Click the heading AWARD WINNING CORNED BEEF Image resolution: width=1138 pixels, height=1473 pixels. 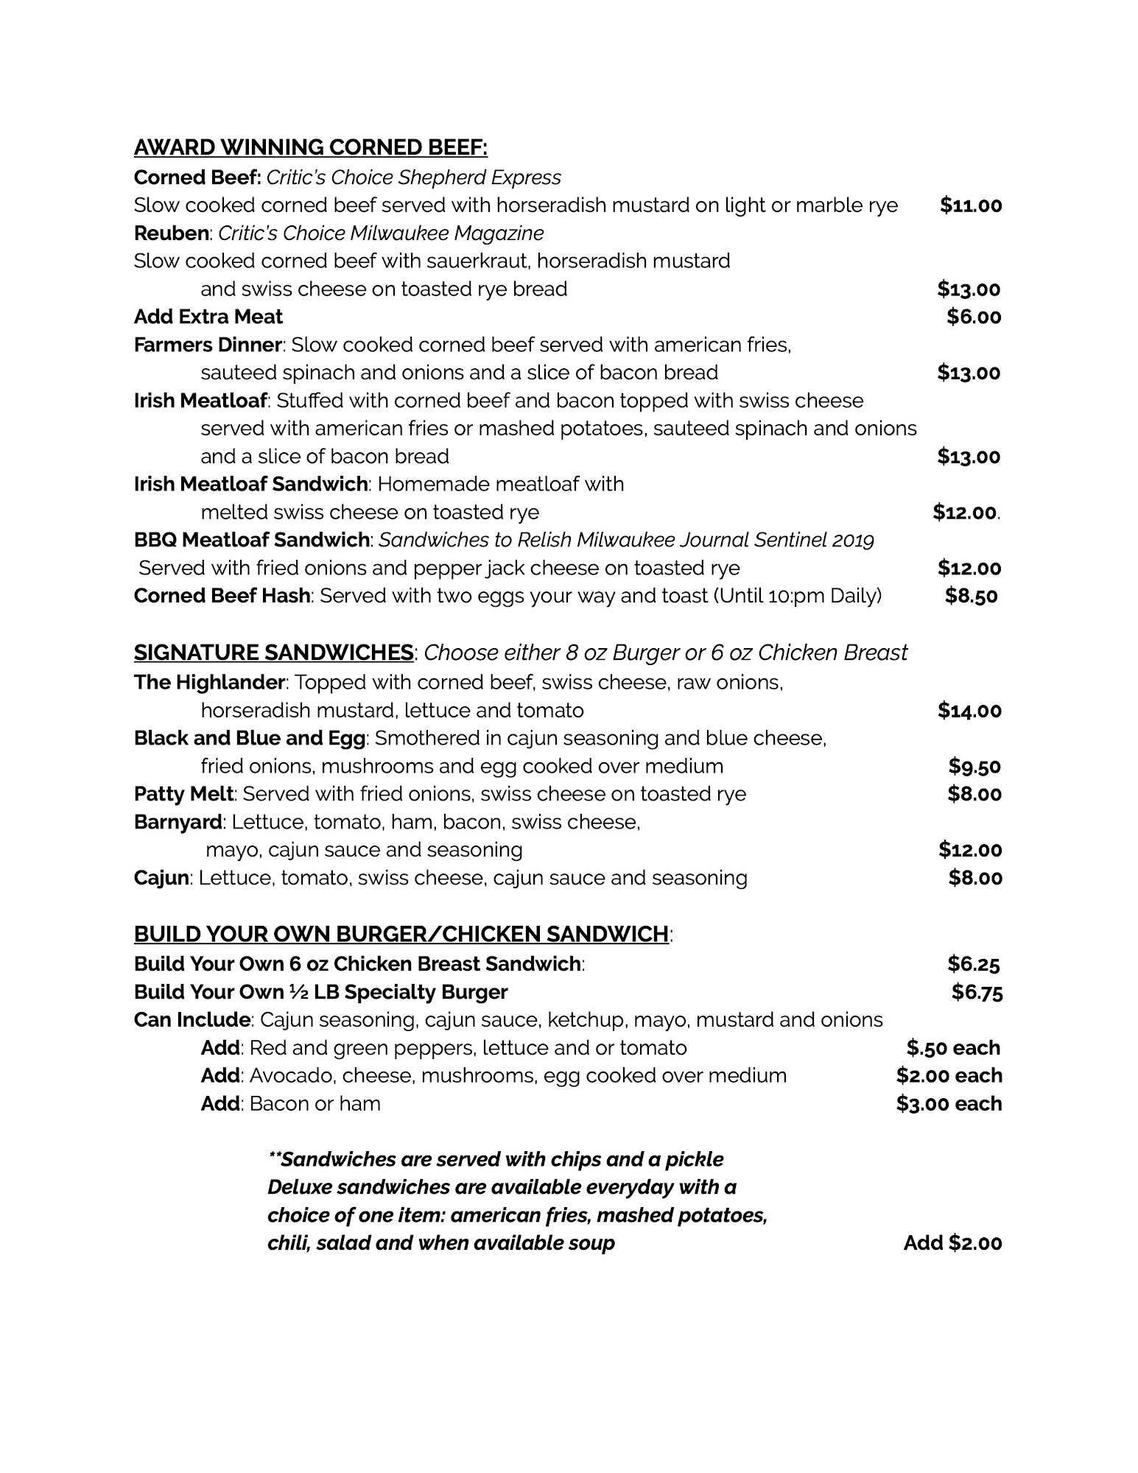(x=310, y=148)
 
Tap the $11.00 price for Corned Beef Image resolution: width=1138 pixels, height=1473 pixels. (x=971, y=205)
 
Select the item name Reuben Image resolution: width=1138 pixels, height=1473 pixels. (x=171, y=233)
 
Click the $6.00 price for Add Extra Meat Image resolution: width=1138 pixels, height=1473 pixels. (x=974, y=317)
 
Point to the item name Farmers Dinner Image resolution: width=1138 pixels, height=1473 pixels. (x=208, y=345)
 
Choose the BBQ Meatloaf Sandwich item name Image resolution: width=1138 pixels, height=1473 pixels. (x=251, y=540)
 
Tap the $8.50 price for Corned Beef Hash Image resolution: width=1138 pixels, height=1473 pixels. (x=971, y=596)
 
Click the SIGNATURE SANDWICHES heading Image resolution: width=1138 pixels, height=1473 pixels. (x=273, y=653)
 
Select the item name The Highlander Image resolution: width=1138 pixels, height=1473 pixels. (x=208, y=683)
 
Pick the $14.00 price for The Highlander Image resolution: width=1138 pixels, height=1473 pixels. (x=969, y=711)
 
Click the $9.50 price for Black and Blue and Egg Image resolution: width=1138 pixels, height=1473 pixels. (x=974, y=767)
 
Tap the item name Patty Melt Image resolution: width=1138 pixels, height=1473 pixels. (x=183, y=794)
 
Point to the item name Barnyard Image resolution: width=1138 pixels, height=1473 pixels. (x=178, y=822)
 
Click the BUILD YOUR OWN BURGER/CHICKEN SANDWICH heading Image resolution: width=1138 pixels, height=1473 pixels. (x=401, y=934)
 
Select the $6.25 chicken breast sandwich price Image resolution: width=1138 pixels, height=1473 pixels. (x=974, y=964)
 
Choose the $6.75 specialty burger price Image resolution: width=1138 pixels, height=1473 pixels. (x=977, y=992)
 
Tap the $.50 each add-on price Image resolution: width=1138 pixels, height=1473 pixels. (x=953, y=1048)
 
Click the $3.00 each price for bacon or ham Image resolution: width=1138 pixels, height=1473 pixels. (x=949, y=1104)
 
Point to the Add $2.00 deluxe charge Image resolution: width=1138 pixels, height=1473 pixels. (x=952, y=1243)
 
